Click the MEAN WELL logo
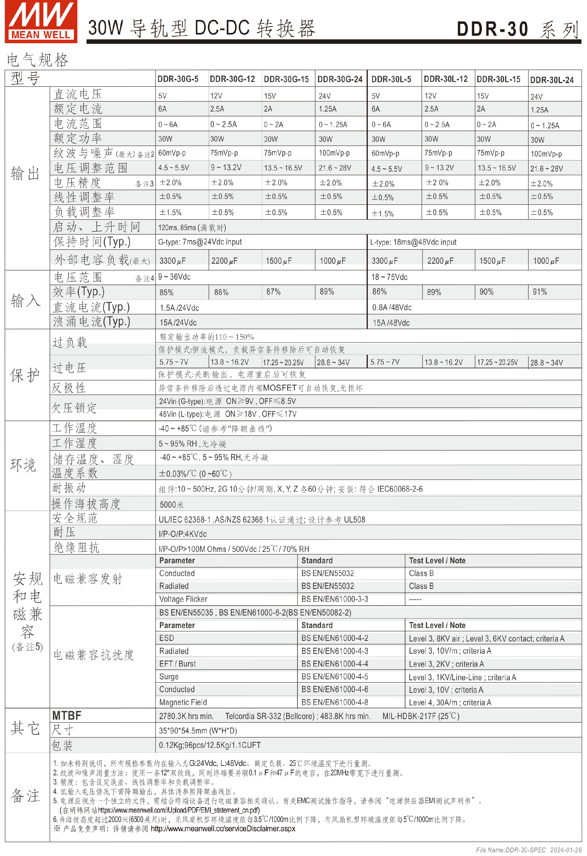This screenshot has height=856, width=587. (x=41, y=21)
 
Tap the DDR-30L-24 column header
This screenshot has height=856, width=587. (x=552, y=80)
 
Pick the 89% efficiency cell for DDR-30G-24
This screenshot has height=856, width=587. (x=327, y=292)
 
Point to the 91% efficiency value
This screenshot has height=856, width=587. (x=540, y=292)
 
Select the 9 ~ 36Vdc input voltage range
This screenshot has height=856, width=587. (x=174, y=277)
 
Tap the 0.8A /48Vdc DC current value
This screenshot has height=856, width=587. (x=392, y=307)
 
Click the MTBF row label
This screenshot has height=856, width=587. (x=67, y=716)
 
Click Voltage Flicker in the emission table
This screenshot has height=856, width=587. (x=183, y=599)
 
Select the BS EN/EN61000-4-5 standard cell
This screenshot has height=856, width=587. (x=334, y=677)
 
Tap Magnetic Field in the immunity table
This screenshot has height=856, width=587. (x=183, y=702)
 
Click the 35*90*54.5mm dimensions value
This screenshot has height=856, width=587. (x=198, y=731)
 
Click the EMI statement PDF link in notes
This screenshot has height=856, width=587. (x=179, y=810)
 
